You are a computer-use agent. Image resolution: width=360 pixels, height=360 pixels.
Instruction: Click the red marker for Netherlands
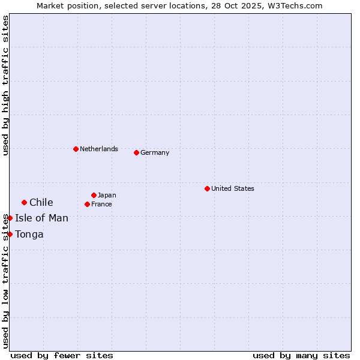pos(76,149)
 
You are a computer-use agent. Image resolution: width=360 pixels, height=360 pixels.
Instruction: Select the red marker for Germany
pos(136,152)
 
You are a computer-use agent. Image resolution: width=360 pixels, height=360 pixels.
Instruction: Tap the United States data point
pos(207,188)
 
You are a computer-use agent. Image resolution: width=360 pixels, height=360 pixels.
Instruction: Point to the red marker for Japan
pos(94,195)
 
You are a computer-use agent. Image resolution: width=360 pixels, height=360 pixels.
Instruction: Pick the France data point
pos(87,204)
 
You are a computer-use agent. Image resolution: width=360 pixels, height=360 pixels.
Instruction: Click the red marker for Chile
pos(24,202)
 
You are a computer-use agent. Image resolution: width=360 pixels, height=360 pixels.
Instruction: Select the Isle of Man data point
pos(10,218)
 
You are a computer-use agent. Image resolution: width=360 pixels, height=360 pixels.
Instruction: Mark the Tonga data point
pos(10,234)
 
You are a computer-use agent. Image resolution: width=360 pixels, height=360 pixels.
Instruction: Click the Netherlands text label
pos(99,149)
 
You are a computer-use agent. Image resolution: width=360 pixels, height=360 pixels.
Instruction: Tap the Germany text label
pos(155,152)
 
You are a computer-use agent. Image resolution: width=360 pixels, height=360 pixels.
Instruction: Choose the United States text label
pos(233,188)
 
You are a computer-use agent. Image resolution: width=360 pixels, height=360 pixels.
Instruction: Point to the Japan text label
pos(107,195)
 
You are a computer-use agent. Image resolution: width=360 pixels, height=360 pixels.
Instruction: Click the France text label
pos(101,204)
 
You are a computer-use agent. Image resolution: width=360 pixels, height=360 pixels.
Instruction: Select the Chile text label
pos(41,202)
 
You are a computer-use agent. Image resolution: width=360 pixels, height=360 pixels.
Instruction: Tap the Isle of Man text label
pos(42,218)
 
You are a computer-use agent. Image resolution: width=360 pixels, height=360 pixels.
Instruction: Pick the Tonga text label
pos(29,234)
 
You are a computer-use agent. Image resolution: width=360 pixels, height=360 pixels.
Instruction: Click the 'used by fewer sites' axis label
pos(62,355)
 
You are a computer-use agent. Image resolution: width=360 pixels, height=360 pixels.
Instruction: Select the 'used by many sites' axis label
pos(301,355)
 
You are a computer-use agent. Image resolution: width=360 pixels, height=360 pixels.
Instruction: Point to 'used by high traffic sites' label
pos(5,86)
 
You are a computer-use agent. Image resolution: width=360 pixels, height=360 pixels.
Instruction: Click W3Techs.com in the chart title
pos(296,5)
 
